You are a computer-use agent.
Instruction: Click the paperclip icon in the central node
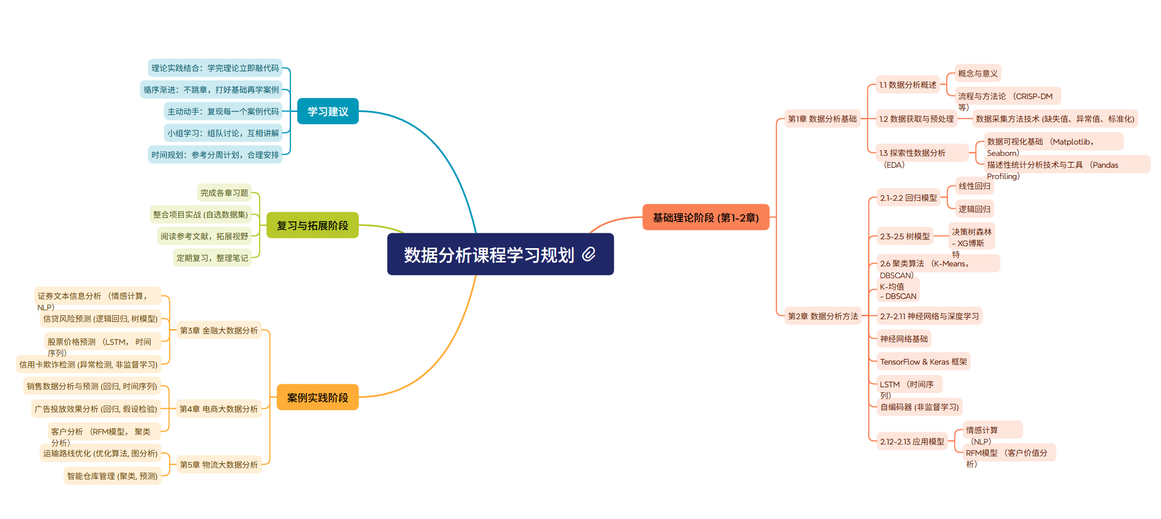click(x=589, y=254)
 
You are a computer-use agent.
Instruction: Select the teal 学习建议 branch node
click(x=328, y=111)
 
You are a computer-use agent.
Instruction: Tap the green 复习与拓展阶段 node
click(x=312, y=225)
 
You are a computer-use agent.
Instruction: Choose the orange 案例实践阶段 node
click(x=317, y=398)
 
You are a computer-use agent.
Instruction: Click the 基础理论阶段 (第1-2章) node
click(x=706, y=218)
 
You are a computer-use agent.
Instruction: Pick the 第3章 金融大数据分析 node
click(x=219, y=331)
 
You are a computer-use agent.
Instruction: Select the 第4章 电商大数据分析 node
click(x=219, y=409)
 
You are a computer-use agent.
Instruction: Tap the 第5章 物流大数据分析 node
click(x=219, y=465)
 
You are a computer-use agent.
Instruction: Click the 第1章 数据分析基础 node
click(x=822, y=119)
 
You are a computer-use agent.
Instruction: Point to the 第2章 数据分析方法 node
click(x=823, y=316)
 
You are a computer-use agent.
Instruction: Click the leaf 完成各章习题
click(x=224, y=193)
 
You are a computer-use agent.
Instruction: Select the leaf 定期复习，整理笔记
click(x=212, y=258)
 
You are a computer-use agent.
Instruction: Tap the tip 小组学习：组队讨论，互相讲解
click(x=223, y=133)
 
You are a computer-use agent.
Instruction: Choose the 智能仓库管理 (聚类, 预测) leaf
click(x=112, y=476)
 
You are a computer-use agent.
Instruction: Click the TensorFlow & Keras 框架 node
click(x=923, y=362)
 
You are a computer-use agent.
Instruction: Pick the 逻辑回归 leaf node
click(x=974, y=209)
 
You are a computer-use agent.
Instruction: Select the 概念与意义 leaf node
click(x=977, y=74)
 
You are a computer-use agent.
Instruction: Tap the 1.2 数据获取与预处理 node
click(x=916, y=119)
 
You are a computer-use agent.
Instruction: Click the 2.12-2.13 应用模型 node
click(x=912, y=442)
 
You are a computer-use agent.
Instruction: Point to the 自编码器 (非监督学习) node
click(x=919, y=407)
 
